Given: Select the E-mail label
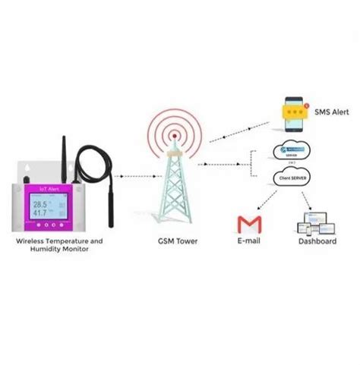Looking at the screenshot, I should pos(248,241).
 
